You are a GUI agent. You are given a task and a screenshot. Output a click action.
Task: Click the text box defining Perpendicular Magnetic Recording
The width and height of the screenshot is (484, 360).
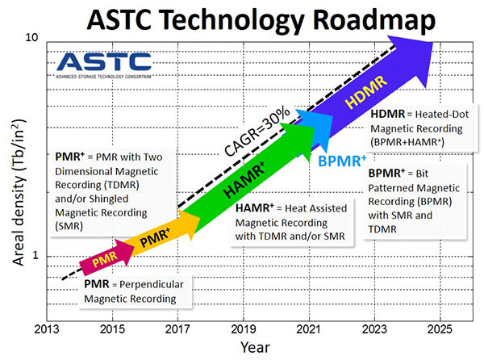136,292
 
